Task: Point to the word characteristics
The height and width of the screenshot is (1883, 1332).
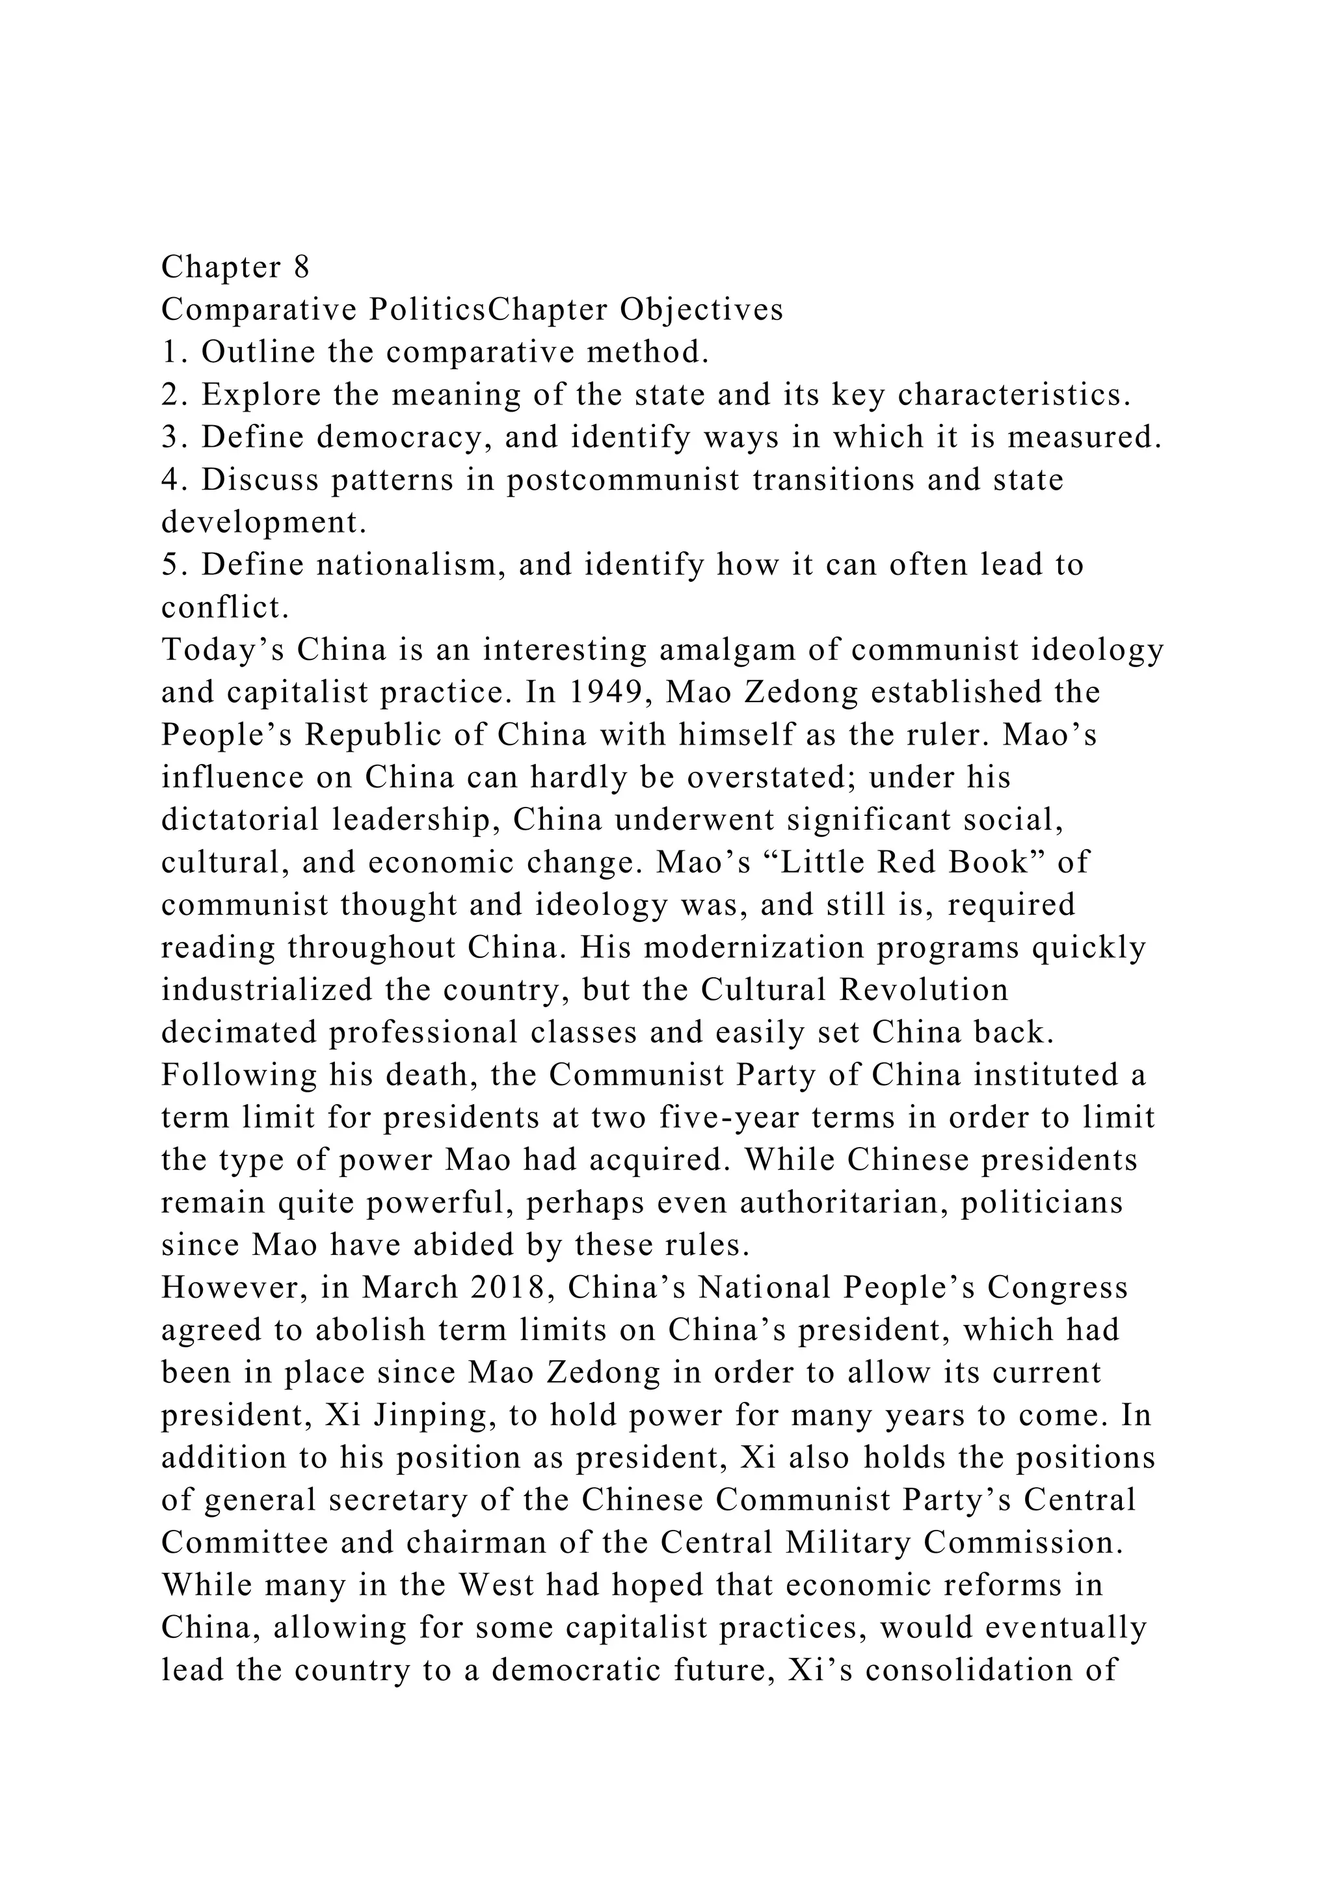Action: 1015,395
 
